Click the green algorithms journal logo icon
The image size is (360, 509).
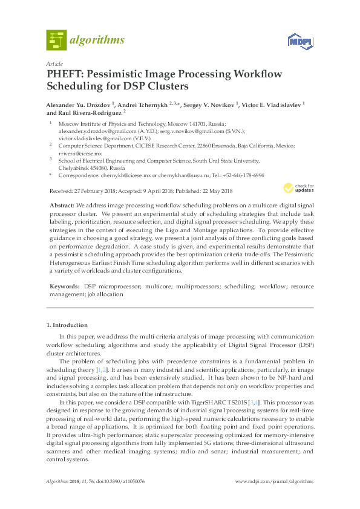(x=56, y=40)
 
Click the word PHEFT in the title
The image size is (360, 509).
(x=65, y=75)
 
